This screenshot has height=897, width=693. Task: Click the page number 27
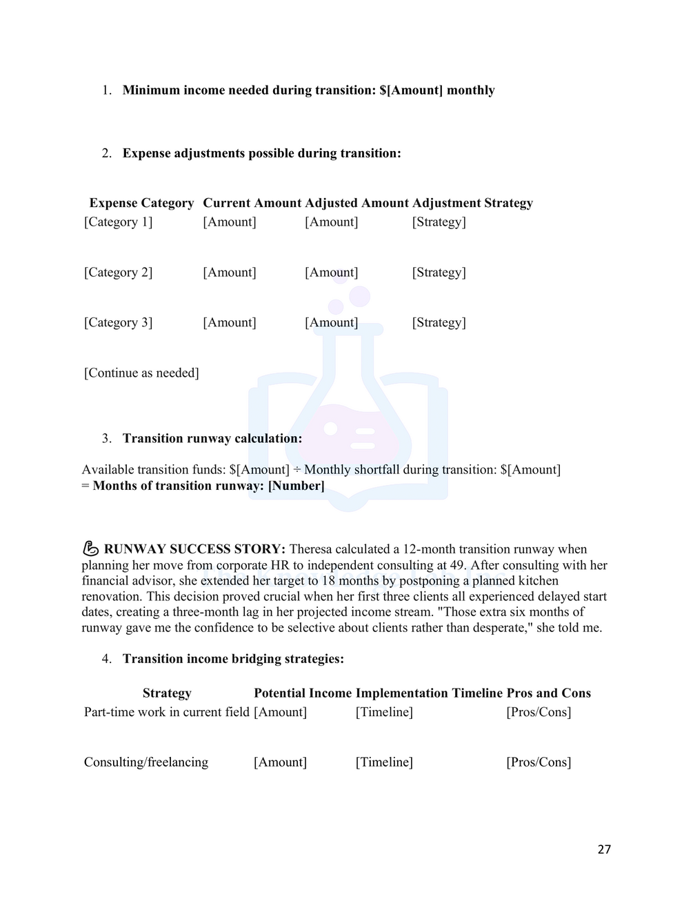[604, 849]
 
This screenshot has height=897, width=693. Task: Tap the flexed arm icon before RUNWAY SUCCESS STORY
[90, 549]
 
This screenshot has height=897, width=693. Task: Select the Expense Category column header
[141, 203]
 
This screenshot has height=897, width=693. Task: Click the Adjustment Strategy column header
[472, 203]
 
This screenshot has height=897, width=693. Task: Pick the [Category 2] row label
[118, 273]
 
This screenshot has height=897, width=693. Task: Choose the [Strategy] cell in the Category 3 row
[439, 323]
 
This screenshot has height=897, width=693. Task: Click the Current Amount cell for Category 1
[229, 222]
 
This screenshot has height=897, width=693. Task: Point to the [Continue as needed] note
[141, 373]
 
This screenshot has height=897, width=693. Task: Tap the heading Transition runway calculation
[212, 439]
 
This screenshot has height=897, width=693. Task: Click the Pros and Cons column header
[548, 693]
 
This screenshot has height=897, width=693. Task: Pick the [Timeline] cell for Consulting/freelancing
[384, 762]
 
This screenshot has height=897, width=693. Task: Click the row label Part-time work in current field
[166, 712]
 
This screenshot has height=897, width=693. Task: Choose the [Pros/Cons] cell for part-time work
[539, 712]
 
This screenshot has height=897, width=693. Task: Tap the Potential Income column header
[302, 693]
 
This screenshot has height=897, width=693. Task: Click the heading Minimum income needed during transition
[308, 90]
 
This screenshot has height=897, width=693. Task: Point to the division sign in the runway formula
[297, 470]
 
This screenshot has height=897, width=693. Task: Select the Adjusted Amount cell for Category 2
[331, 273]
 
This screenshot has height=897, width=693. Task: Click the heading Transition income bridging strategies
[233, 659]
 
